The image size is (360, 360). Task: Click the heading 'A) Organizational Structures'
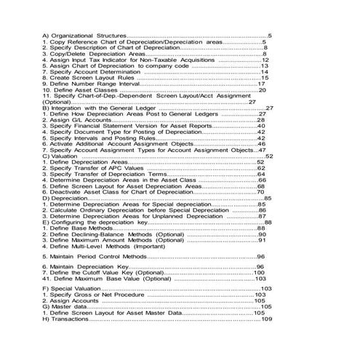pos(84,35)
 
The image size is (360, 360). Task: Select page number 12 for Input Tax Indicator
pos(265,59)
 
